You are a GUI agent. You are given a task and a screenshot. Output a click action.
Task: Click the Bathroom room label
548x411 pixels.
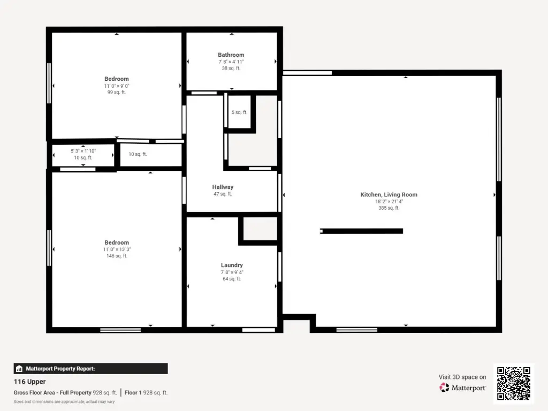pos(231,55)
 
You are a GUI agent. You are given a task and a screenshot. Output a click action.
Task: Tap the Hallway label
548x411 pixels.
pos(223,187)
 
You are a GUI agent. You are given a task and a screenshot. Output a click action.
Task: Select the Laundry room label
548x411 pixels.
pos(232,265)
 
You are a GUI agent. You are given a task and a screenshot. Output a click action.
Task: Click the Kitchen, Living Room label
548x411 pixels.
pos(389,195)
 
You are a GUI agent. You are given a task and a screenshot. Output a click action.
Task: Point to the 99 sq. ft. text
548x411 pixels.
pos(116,92)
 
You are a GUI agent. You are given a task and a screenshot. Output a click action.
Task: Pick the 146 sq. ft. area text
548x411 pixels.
pos(117,256)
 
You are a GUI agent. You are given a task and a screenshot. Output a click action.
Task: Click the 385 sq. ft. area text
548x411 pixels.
pos(389,208)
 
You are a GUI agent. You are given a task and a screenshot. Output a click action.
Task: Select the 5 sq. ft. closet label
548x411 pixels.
pos(239,112)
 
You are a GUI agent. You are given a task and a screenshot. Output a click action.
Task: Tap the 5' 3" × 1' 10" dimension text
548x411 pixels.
pos(83,151)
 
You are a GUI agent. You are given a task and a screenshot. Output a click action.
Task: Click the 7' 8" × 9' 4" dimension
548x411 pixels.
pos(232,272)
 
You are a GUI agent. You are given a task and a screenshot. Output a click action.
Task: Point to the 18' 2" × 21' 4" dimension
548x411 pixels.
pos(389,201)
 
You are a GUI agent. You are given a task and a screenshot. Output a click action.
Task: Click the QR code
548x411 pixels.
pos(514,383)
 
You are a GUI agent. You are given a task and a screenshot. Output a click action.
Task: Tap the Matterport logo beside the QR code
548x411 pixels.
pos(462,387)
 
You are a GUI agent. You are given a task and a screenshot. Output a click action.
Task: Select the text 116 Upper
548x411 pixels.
pos(30,382)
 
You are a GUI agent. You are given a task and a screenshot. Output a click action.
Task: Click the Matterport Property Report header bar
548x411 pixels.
pos(90,369)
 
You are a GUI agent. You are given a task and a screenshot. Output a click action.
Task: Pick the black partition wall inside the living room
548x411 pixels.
pos(361,231)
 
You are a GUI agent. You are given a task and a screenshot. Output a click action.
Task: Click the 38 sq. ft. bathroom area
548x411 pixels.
pos(231,68)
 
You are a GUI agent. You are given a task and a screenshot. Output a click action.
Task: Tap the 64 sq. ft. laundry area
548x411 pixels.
pos(232,279)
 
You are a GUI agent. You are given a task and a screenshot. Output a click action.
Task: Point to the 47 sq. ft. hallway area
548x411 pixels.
pos(223,194)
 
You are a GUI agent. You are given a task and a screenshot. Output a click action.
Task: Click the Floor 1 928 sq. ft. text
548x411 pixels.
pos(146,392)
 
